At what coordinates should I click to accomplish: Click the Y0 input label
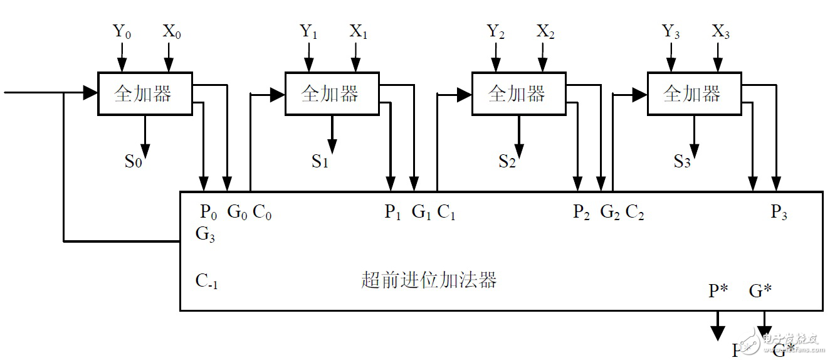click(121, 32)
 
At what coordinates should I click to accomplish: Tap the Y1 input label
click(308, 32)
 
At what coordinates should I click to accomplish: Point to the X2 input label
click(545, 32)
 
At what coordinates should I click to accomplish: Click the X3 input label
click(721, 32)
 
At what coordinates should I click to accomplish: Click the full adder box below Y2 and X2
click(517, 93)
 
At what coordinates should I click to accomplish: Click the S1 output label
click(320, 162)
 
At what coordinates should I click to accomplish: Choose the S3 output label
click(682, 162)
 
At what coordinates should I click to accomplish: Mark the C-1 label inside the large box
click(206, 281)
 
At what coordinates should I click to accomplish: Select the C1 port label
click(446, 213)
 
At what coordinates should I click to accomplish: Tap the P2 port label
click(582, 213)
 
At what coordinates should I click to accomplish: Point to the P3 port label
click(779, 213)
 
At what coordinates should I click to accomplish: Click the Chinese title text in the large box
click(429, 280)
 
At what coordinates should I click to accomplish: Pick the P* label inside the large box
click(718, 291)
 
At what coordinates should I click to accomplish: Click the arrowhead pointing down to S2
click(518, 150)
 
